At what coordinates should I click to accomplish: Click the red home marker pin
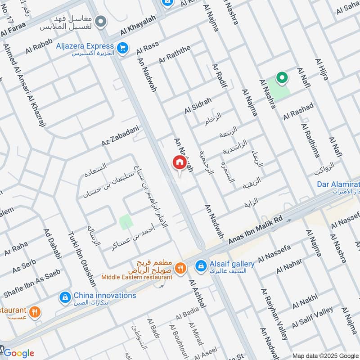pos(179,162)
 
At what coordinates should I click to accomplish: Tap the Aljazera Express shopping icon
pos(121,47)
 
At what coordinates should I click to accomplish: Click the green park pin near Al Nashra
pos(282,78)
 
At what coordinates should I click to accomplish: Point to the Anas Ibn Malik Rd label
pos(255,230)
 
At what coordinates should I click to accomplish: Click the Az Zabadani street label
pos(119,136)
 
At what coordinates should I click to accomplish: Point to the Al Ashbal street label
pos(198,294)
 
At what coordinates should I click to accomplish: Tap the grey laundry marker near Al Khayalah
pos(101,21)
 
